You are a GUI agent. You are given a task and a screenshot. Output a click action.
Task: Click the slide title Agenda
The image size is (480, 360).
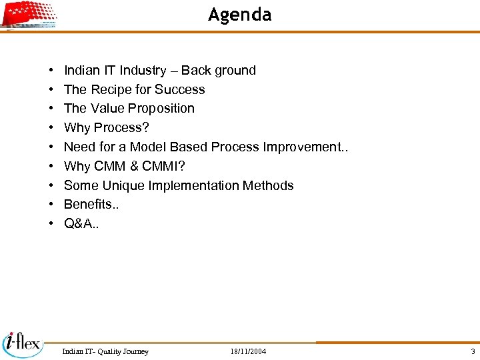click(239, 14)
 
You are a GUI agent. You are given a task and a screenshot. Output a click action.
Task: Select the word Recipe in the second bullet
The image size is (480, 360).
click(111, 89)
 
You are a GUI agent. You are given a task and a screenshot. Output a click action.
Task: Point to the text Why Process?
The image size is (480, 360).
click(106, 127)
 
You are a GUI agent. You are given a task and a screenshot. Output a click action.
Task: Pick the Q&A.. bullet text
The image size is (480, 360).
click(81, 223)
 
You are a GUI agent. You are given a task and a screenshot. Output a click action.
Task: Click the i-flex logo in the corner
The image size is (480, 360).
click(22, 343)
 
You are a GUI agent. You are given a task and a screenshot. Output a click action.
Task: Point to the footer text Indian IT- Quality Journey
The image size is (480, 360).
click(105, 351)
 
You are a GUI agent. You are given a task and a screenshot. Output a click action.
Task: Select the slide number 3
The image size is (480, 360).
click(473, 351)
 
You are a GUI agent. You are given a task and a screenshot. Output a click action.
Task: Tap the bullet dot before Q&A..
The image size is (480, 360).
click(51, 224)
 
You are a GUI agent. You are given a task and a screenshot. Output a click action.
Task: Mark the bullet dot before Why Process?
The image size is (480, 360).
click(51, 128)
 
